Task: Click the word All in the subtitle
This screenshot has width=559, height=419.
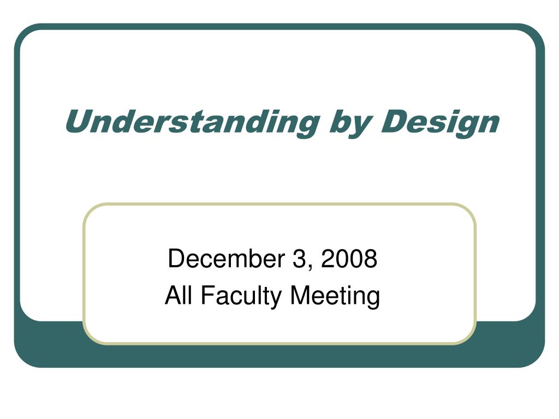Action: point(179,295)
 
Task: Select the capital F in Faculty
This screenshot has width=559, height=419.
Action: point(207,295)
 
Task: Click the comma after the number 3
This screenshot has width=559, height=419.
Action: point(310,268)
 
